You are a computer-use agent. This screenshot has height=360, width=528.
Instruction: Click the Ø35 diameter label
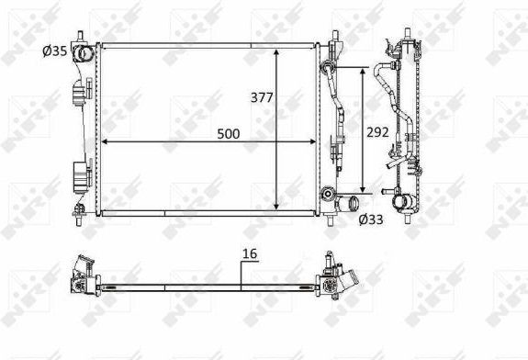click(x=55, y=51)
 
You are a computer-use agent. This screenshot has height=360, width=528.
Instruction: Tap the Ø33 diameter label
click(x=371, y=219)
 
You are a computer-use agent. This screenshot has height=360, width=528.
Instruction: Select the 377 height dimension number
click(x=262, y=97)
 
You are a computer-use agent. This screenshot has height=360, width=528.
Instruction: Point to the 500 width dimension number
click(x=229, y=134)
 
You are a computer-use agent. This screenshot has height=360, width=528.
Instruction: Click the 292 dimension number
click(x=377, y=132)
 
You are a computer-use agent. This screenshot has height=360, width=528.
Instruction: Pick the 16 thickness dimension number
click(x=250, y=253)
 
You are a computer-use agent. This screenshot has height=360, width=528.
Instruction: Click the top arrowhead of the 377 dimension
click(x=276, y=53)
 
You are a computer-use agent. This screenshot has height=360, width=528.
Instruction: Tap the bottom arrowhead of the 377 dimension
click(x=276, y=206)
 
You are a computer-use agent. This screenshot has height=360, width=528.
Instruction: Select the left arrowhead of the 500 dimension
click(x=105, y=141)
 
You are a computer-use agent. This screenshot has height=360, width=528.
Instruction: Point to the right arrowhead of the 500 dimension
click(x=313, y=141)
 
